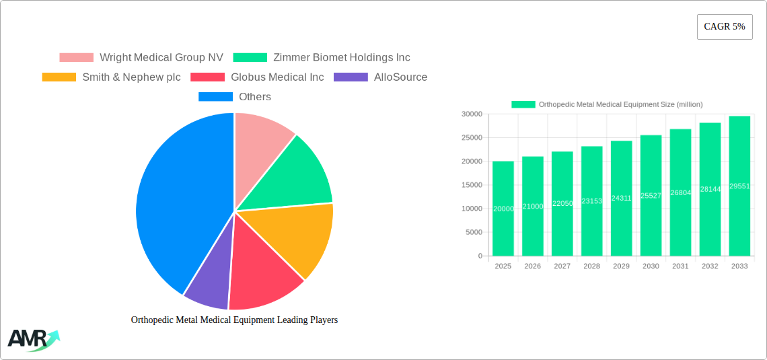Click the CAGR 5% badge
pyautogui.click(x=725, y=27)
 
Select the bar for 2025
pyautogui.click(x=503, y=209)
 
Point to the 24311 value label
pyautogui.click(x=621, y=199)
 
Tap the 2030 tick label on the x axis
pyautogui.click(x=651, y=266)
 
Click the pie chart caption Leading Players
pyautogui.click(x=234, y=320)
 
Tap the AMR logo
pyautogui.click(x=32, y=339)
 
